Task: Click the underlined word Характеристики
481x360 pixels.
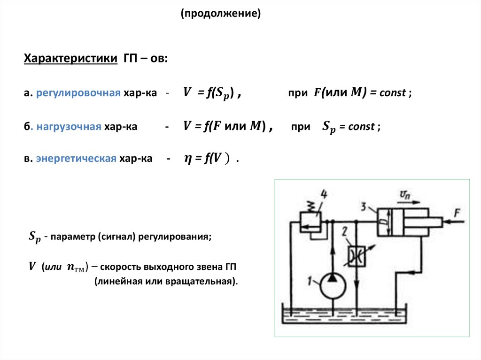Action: point(70,59)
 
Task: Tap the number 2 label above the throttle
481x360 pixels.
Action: point(345,230)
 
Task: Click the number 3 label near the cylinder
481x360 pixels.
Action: point(364,206)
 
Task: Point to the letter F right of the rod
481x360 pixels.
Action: point(457,214)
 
